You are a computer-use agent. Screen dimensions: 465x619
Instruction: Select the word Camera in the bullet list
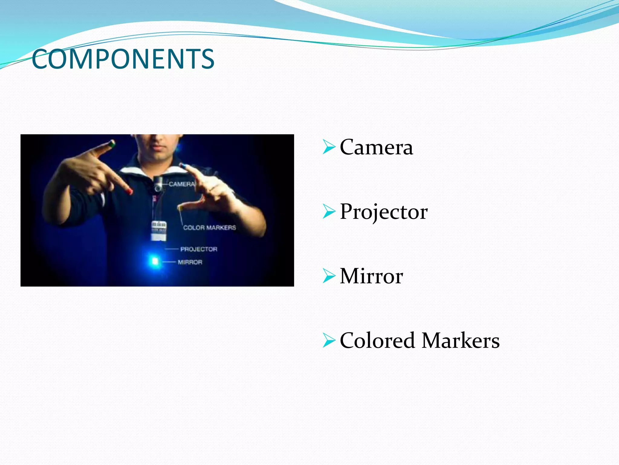pos(376,147)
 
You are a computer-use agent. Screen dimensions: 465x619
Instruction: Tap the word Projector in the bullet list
pos(384,212)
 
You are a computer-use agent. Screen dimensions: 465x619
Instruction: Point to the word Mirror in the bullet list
pos(371,276)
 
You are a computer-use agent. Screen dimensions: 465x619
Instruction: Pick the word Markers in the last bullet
pos(460,341)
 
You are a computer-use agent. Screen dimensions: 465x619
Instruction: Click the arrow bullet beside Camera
pos(329,147)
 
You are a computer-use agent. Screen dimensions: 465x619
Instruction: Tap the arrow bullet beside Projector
pos(329,211)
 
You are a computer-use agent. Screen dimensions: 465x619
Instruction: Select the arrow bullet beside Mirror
pos(329,276)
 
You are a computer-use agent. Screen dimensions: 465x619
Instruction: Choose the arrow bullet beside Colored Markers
pos(329,340)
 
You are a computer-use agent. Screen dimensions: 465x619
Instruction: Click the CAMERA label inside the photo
pos(182,184)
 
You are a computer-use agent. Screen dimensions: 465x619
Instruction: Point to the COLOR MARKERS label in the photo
pos(209,228)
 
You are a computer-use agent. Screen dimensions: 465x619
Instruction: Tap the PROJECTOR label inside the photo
pos(199,249)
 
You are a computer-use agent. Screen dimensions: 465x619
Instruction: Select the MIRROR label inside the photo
pos(190,262)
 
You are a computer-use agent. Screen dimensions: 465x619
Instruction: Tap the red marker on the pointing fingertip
pos(129,191)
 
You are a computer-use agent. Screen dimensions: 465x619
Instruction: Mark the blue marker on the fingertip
pos(182,166)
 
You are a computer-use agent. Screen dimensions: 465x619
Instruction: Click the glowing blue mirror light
pos(154,261)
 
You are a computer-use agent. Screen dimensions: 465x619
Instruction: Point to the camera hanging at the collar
pos(158,183)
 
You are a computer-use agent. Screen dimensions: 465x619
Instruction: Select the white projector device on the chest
pos(159,230)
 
